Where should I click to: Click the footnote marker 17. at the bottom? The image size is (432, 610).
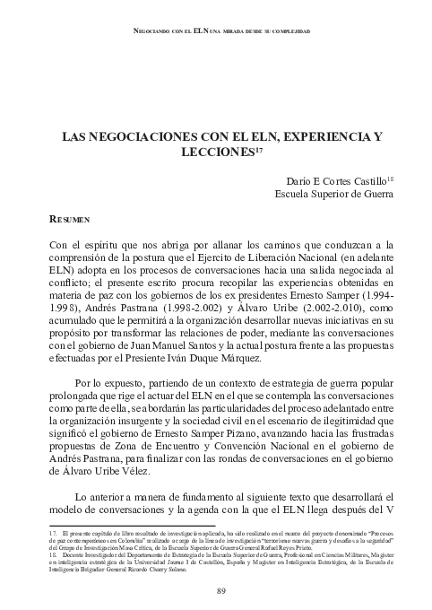pyautogui.click(x=53, y=532)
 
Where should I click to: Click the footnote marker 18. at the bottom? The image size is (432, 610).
pyautogui.click(x=53, y=556)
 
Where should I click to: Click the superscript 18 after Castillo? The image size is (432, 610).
pyautogui.click(x=391, y=176)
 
